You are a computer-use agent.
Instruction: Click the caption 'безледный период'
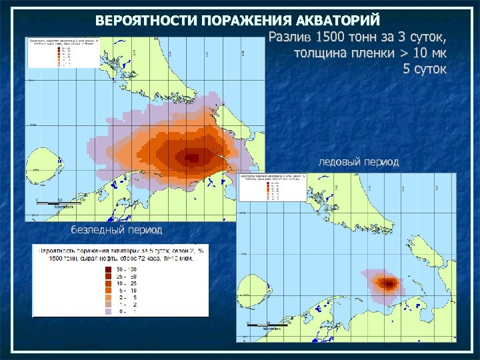pos(117,229)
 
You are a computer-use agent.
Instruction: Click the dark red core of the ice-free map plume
pos(192,158)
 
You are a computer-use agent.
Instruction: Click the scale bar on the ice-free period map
pos(61,201)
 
